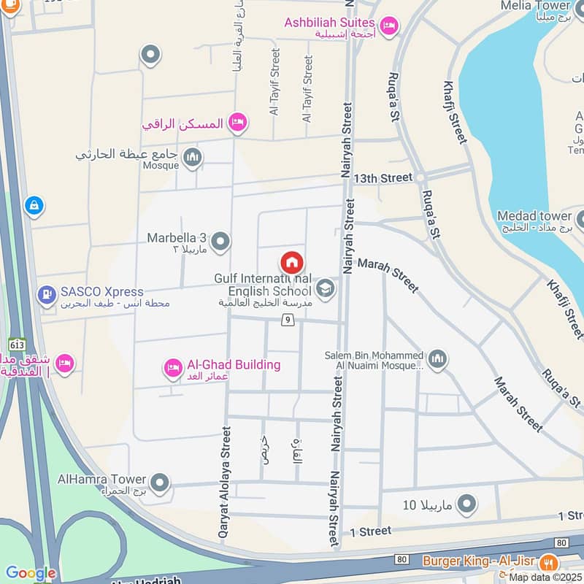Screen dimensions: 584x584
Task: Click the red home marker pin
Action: tap(291, 263)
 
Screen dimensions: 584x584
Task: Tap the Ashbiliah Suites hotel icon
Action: tap(390, 26)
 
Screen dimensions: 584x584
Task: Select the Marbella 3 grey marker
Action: tap(220, 241)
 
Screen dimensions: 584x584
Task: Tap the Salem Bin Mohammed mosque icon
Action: tap(437, 358)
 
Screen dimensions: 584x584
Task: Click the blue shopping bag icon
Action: tap(34, 206)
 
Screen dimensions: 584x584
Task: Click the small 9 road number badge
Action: tap(289, 320)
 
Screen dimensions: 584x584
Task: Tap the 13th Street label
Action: tap(383, 177)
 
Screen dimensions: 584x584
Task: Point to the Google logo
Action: tap(30, 574)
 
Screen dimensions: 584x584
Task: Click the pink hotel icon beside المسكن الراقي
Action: tap(237, 123)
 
